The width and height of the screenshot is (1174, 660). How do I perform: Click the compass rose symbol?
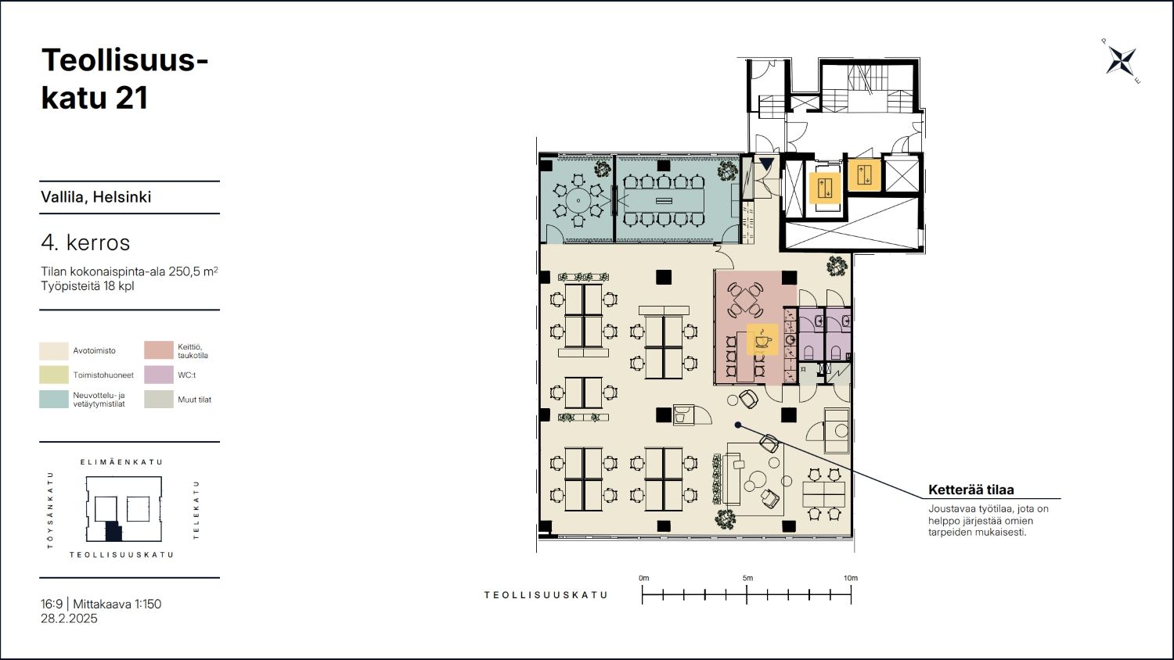pyautogui.click(x=1121, y=61)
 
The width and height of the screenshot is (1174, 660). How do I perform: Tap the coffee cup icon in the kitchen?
pyautogui.click(x=762, y=340)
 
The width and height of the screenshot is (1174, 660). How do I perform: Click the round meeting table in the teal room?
pyautogui.click(x=578, y=200)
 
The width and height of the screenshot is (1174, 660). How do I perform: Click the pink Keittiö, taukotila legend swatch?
pyautogui.click(x=159, y=350)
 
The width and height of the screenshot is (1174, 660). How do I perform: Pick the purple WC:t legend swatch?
pyautogui.click(x=159, y=375)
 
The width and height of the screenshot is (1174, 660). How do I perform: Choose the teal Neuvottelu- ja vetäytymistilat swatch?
pyautogui.click(x=54, y=399)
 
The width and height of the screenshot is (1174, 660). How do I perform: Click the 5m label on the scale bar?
pyautogui.click(x=747, y=579)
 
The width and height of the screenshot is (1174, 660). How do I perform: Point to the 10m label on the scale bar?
pyautogui.click(x=851, y=579)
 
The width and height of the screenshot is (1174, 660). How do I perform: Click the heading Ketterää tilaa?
pyautogui.click(x=971, y=490)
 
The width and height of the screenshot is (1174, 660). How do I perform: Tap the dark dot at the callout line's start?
pyautogui.click(x=738, y=425)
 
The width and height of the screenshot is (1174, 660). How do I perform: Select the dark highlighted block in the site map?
pyautogui.click(x=113, y=532)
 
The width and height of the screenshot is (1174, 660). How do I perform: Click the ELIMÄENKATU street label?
pyautogui.click(x=121, y=462)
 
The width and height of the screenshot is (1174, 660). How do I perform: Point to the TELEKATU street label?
pyautogui.click(x=196, y=510)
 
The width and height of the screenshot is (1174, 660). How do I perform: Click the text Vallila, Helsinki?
pyautogui.click(x=96, y=197)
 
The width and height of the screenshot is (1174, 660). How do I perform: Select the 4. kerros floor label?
pyautogui.click(x=85, y=242)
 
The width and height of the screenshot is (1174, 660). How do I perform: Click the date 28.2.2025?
pyautogui.click(x=69, y=619)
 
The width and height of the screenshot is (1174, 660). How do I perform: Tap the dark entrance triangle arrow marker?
pyautogui.click(x=767, y=164)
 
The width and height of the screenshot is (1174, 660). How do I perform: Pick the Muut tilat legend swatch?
pyautogui.click(x=159, y=399)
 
